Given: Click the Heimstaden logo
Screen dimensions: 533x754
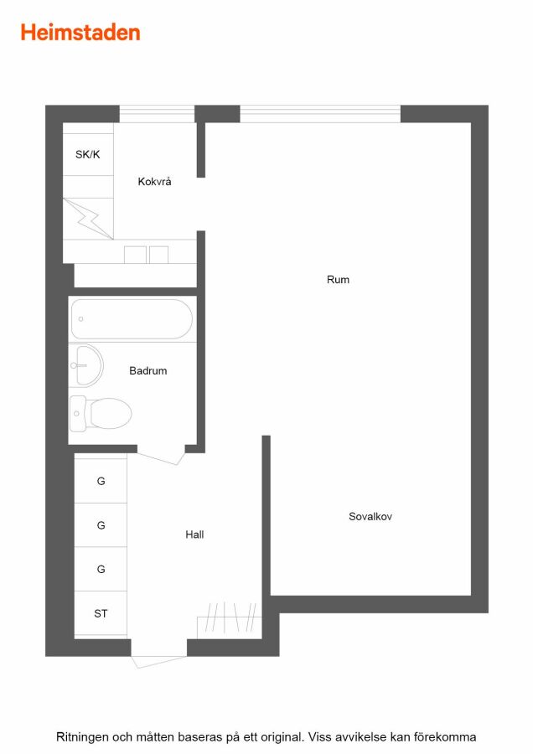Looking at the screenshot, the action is pos(80,33).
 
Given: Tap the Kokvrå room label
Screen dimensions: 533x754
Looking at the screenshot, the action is pos(154,181).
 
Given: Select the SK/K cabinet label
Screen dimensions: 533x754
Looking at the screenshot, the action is pos(87,154).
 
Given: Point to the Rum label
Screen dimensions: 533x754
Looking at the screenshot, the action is pos(338,279).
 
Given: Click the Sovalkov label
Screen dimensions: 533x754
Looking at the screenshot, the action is pos(370,516).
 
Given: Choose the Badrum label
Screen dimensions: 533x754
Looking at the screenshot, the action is pos(148,371).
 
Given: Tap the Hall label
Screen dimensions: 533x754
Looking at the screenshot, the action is pos(194,535).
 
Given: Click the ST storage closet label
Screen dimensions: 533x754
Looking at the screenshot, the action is pos(101,613).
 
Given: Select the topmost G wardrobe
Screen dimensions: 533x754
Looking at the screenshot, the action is pos(101,481).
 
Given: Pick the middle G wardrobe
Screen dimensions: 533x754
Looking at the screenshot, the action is pos(101,525).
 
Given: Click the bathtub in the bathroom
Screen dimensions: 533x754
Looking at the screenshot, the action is pos(132,319).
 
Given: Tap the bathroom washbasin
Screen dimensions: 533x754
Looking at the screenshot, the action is pos(87,365).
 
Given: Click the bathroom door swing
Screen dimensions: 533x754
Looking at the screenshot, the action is pos(162,457).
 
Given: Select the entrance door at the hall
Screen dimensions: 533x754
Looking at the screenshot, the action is pos(158,661).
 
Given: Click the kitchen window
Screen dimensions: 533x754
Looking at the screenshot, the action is pos(157,114).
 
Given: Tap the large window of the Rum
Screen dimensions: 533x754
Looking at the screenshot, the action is pos(320,114).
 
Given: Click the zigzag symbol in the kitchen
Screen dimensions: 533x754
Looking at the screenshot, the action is pos(89,219).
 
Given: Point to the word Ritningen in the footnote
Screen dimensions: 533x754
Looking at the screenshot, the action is pos(83,737).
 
